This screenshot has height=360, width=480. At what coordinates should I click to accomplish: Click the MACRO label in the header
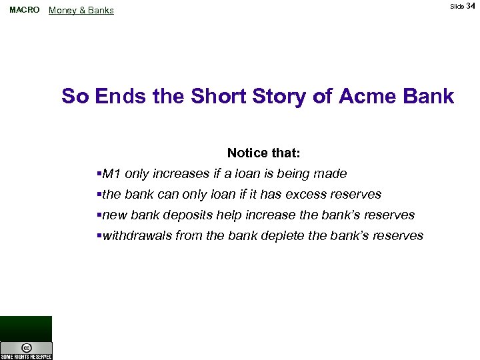point(25,10)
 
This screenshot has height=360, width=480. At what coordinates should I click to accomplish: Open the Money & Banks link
point(81,11)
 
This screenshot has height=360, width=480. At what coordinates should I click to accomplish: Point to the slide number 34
point(471,6)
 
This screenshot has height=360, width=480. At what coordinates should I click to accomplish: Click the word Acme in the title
point(366,97)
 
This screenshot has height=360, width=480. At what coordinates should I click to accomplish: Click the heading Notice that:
point(264,153)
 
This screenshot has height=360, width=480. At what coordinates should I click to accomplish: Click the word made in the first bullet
point(332,174)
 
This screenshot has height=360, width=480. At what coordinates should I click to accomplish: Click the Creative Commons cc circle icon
point(26,347)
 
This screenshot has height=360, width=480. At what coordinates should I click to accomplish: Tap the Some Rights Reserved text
point(26,357)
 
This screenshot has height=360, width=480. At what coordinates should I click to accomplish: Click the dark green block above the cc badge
point(26,328)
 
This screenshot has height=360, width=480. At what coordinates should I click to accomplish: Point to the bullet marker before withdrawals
point(99,236)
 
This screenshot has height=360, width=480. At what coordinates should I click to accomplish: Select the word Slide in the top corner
point(457,7)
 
